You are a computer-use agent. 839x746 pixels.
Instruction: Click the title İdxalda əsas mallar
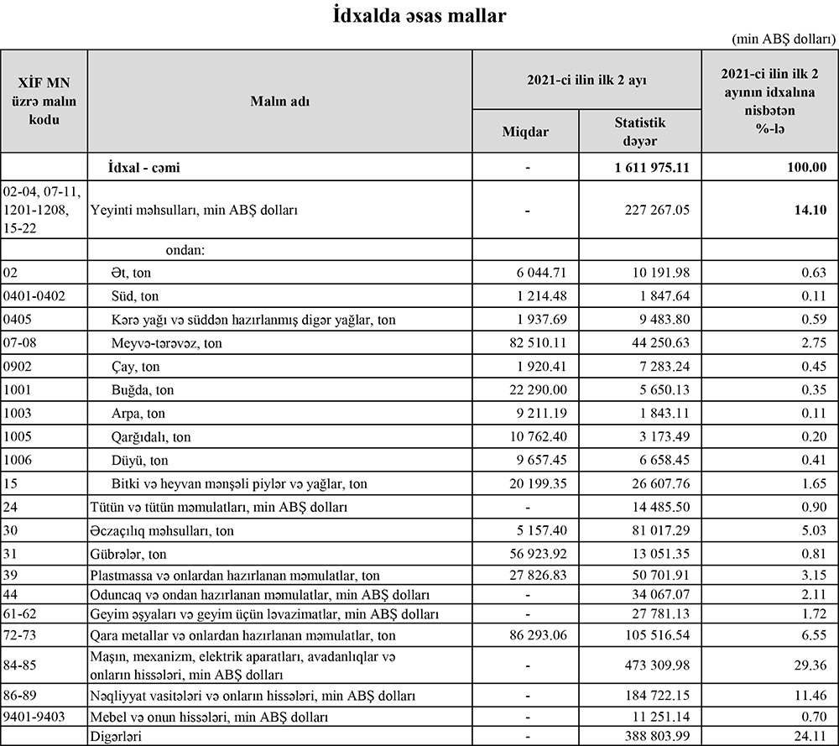tap(419, 16)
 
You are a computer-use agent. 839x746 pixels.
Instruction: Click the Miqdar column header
tap(525, 133)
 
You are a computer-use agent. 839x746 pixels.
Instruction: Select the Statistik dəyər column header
tap(639, 132)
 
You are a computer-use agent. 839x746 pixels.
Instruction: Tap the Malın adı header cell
tap(279, 102)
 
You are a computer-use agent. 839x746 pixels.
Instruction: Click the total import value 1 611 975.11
tap(652, 167)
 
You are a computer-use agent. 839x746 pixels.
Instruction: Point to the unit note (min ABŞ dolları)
tap(784, 39)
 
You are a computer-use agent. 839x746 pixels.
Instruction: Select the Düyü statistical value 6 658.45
tap(659, 461)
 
